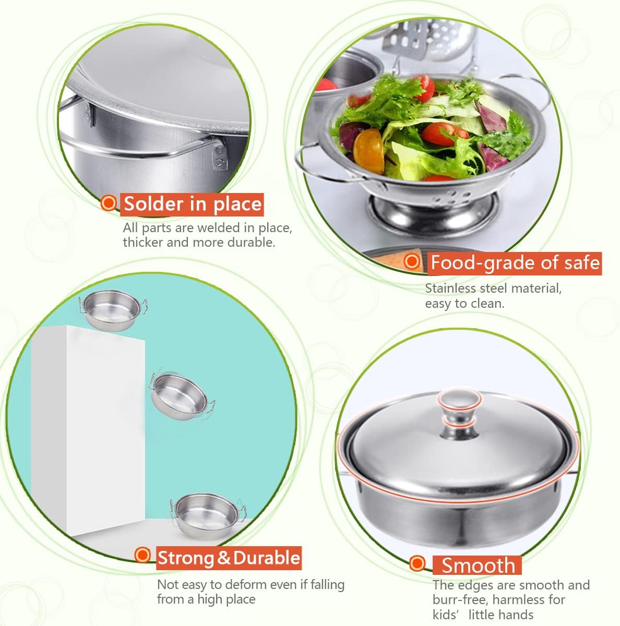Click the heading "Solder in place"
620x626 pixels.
[193, 203]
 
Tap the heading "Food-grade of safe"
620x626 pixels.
[515, 262]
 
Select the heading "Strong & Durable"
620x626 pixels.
[229, 558]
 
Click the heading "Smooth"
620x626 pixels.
[478, 565]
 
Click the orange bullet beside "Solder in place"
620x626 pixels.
[109, 202]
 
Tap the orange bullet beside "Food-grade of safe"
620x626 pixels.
[412, 261]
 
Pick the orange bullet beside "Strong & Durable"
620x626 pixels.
[142, 555]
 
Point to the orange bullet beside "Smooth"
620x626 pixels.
[417, 563]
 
